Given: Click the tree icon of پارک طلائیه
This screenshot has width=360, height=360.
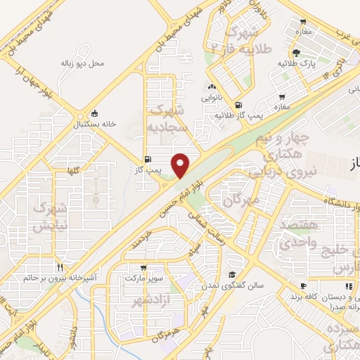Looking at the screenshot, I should pos(297,53).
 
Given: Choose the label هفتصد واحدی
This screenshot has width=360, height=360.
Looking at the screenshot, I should pos(300,234).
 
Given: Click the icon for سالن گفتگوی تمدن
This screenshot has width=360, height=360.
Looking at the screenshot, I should pos(231,275).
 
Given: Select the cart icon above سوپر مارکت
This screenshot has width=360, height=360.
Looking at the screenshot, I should pos(143,268).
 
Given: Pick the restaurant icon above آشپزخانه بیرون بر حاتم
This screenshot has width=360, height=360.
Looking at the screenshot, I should pos(60,268).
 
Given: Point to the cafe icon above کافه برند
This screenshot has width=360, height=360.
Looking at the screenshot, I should pos(303,286).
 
